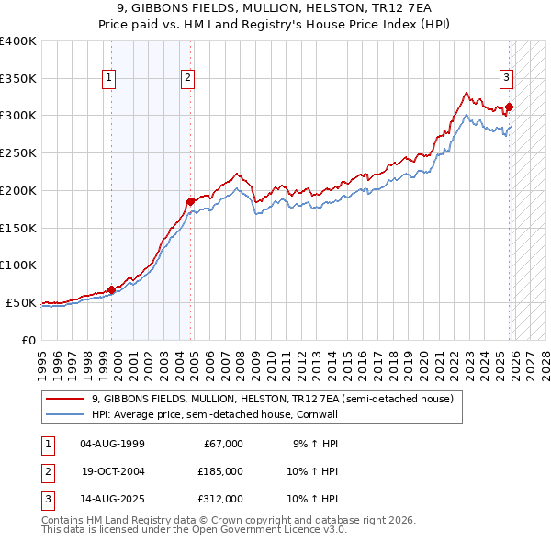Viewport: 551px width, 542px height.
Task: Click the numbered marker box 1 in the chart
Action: point(109,79)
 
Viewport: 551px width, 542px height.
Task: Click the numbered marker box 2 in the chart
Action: point(187,79)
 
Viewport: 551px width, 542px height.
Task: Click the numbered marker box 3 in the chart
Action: point(506,79)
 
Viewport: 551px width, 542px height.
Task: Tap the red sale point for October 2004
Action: point(190,200)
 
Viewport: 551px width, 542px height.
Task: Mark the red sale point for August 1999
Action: point(111,289)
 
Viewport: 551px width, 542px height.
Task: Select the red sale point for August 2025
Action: point(509,107)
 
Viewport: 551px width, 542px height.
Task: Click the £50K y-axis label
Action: point(22,302)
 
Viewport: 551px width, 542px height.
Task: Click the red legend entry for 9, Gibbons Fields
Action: point(272,400)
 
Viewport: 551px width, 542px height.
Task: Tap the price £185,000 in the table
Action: point(220,471)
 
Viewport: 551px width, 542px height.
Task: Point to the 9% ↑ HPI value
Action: point(314,444)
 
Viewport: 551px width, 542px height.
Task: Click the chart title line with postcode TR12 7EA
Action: point(275,8)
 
